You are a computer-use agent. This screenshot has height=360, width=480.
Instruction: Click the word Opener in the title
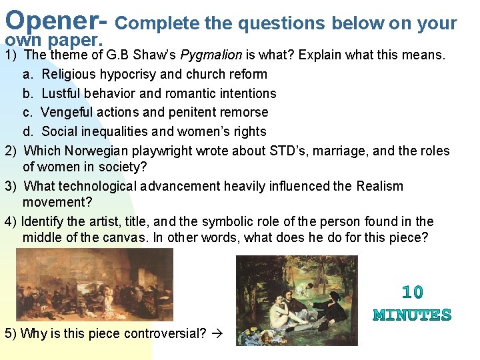pos(53,20)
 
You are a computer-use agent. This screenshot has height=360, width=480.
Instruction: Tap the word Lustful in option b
pos(62,93)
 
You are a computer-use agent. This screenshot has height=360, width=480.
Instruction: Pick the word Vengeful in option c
pos(67,112)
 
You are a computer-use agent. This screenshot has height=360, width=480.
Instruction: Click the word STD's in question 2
pos(289,151)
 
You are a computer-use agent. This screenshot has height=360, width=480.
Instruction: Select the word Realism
pos(379,187)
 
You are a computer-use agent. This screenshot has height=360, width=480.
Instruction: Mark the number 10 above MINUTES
pos(413,292)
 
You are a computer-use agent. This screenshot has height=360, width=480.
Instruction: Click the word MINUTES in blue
pos(413,315)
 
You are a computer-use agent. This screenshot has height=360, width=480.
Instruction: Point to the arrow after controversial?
pos(217,333)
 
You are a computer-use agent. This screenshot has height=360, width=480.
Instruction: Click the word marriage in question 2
pos(338,151)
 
